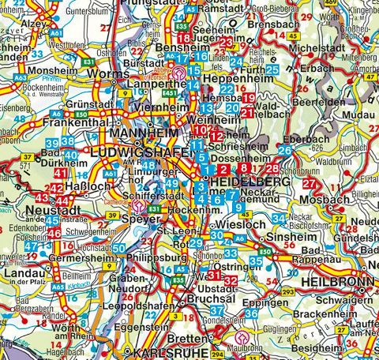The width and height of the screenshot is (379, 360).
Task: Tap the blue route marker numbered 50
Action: [x=118, y=249]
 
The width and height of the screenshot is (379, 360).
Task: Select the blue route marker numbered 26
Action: [x=285, y=150]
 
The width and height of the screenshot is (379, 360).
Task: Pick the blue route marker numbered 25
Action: [x=272, y=70]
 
